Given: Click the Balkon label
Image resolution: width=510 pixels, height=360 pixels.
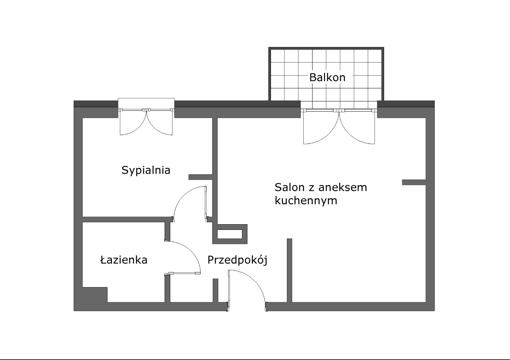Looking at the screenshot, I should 327,77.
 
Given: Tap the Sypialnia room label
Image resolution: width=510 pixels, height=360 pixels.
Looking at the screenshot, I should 146,170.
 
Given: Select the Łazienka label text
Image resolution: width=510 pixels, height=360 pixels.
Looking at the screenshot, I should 124,260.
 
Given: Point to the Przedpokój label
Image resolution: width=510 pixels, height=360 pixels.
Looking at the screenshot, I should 237,260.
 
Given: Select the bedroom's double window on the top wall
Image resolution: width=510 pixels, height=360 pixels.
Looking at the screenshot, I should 147,110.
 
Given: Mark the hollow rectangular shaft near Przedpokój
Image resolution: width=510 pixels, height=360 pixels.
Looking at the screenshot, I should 230,234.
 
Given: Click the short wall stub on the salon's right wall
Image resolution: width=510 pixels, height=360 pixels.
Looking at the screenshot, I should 414,182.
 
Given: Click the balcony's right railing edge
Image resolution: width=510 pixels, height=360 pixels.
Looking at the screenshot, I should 382,74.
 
